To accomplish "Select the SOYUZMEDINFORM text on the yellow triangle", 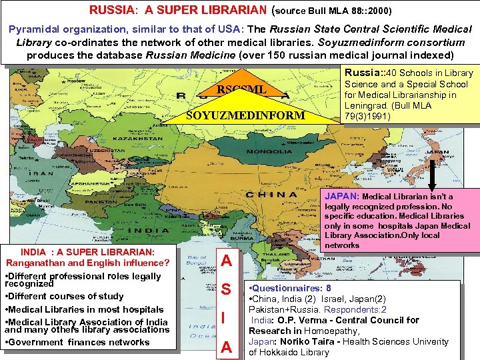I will (245, 115).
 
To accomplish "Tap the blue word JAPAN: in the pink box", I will (342, 197).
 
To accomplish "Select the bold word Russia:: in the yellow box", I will (361, 73).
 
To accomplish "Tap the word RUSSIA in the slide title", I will (112, 11).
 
